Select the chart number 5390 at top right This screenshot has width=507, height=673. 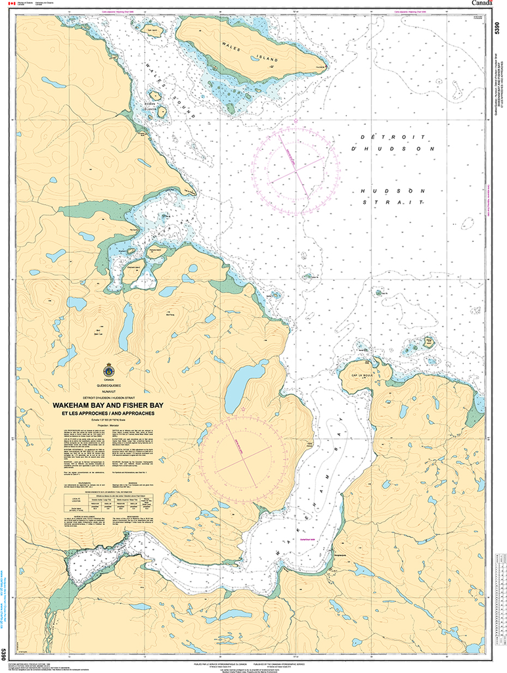pos(496,30)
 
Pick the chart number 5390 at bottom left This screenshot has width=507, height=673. pos(5,654)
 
